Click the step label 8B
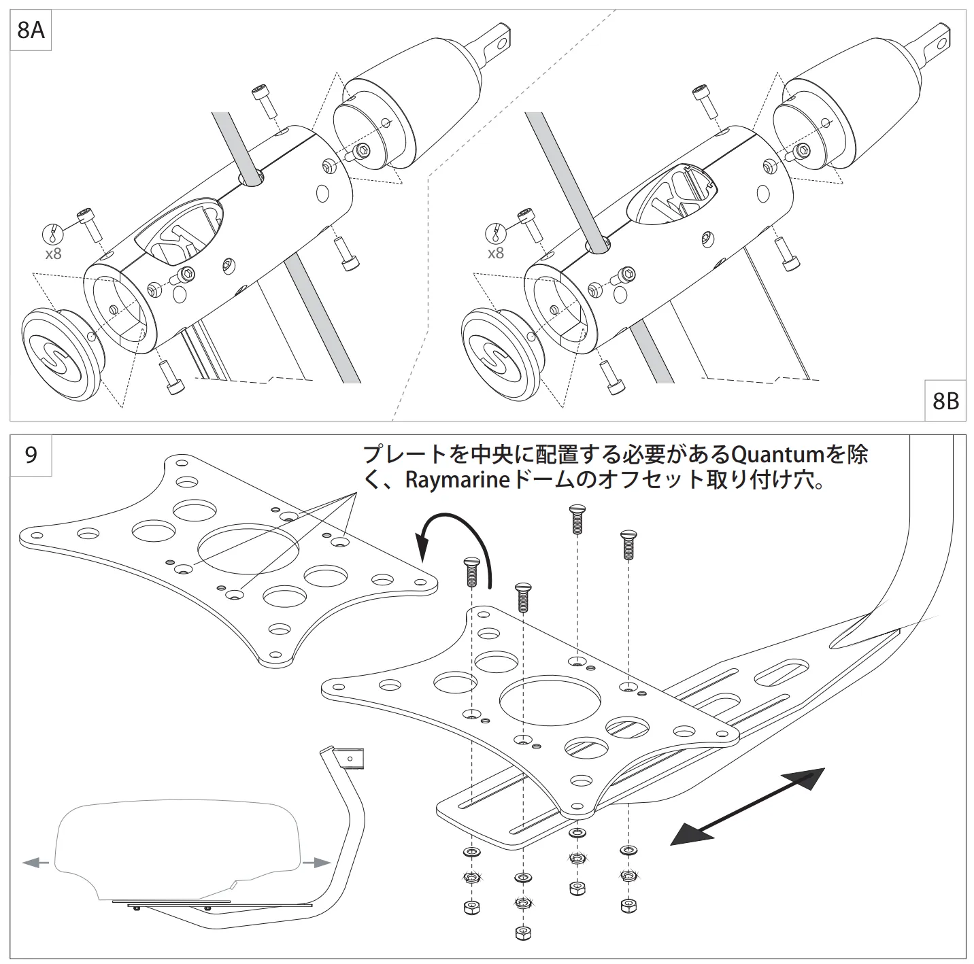coord(945,402)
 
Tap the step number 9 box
coord(31,454)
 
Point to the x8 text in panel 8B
coord(496,253)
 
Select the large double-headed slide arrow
coord(748,807)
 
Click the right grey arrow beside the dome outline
coord(317,863)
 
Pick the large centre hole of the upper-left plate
coord(248,548)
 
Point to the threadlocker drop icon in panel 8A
coord(53,235)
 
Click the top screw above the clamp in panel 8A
coord(263,101)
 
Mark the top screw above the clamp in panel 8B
coord(704,100)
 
